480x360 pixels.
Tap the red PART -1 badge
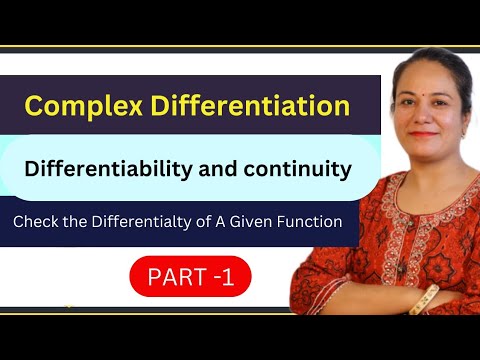pos(190,275)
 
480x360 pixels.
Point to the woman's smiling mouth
pos(425,131)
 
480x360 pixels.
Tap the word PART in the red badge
pos(175,275)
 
